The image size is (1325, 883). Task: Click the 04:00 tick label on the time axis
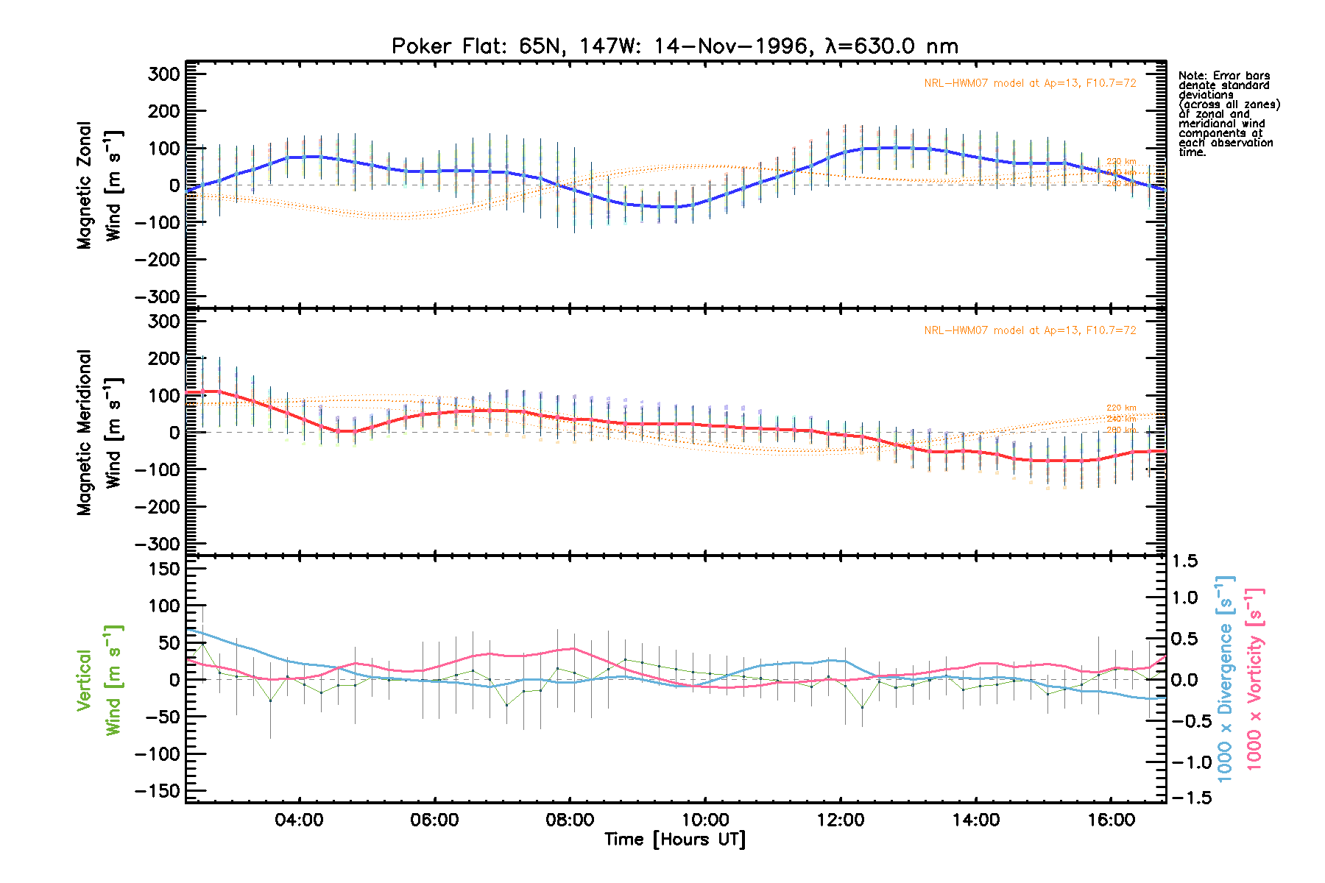(299, 820)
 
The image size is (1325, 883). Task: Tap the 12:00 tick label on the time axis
(841, 820)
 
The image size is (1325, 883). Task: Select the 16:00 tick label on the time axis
(1111, 820)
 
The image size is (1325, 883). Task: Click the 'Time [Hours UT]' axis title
(674, 840)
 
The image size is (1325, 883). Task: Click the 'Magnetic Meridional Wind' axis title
(99, 433)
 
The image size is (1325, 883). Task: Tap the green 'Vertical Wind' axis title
(99, 680)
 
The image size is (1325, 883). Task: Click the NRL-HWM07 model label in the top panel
(1030, 83)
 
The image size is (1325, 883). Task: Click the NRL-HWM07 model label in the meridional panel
(1030, 330)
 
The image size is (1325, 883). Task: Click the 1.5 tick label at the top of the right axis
(1184, 561)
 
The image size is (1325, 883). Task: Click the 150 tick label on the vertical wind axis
(164, 569)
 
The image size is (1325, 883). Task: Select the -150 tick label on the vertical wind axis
(158, 791)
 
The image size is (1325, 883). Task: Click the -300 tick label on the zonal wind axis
(158, 297)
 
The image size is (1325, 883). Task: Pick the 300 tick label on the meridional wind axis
(164, 322)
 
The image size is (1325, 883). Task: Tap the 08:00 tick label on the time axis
(570, 820)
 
